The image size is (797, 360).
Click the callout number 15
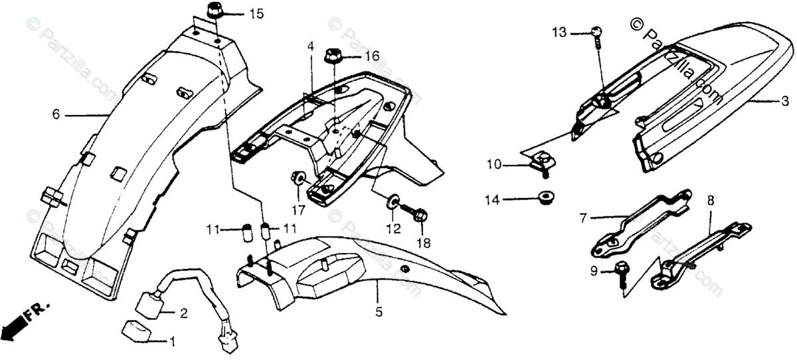coord(256,14)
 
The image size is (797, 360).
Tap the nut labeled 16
coord(333,56)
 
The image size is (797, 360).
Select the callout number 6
coord(56,115)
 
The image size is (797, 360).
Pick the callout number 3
coord(784,102)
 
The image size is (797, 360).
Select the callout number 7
coord(584,217)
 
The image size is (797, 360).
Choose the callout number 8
coord(710,199)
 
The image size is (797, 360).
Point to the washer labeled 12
coord(395,200)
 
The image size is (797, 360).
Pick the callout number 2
coord(183,312)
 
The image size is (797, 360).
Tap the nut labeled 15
coord(215,11)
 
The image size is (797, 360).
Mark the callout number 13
coord(559,32)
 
